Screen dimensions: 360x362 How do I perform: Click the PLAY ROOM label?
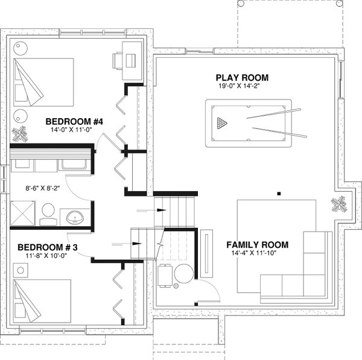point(242,78)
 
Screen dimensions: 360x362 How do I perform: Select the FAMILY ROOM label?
point(256,245)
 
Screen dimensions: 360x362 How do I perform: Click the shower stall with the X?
point(22,213)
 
